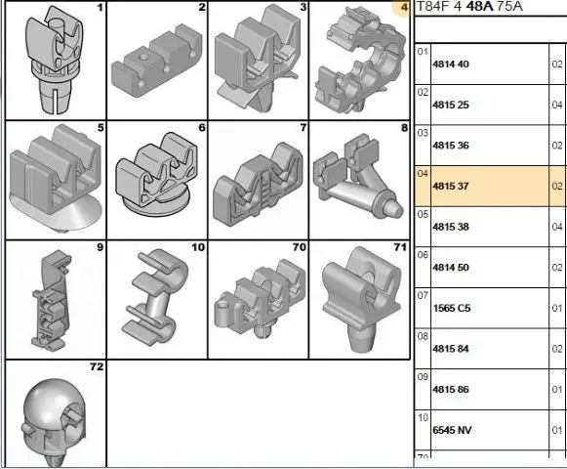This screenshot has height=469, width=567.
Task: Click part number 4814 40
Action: [x=451, y=64]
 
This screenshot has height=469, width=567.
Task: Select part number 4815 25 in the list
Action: [x=451, y=105]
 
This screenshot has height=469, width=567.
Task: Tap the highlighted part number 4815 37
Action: [x=451, y=187]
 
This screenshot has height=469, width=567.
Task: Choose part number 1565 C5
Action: [x=452, y=308]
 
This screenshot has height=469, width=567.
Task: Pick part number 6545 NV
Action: [x=452, y=430]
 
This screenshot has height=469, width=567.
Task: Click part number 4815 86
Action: [x=451, y=390]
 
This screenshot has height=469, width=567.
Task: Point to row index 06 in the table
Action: [x=423, y=255]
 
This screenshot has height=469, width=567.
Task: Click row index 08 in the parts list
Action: [x=423, y=336]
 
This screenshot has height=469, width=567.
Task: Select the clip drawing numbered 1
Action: [x=55, y=60]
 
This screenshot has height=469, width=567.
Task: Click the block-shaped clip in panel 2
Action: [x=156, y=61]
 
